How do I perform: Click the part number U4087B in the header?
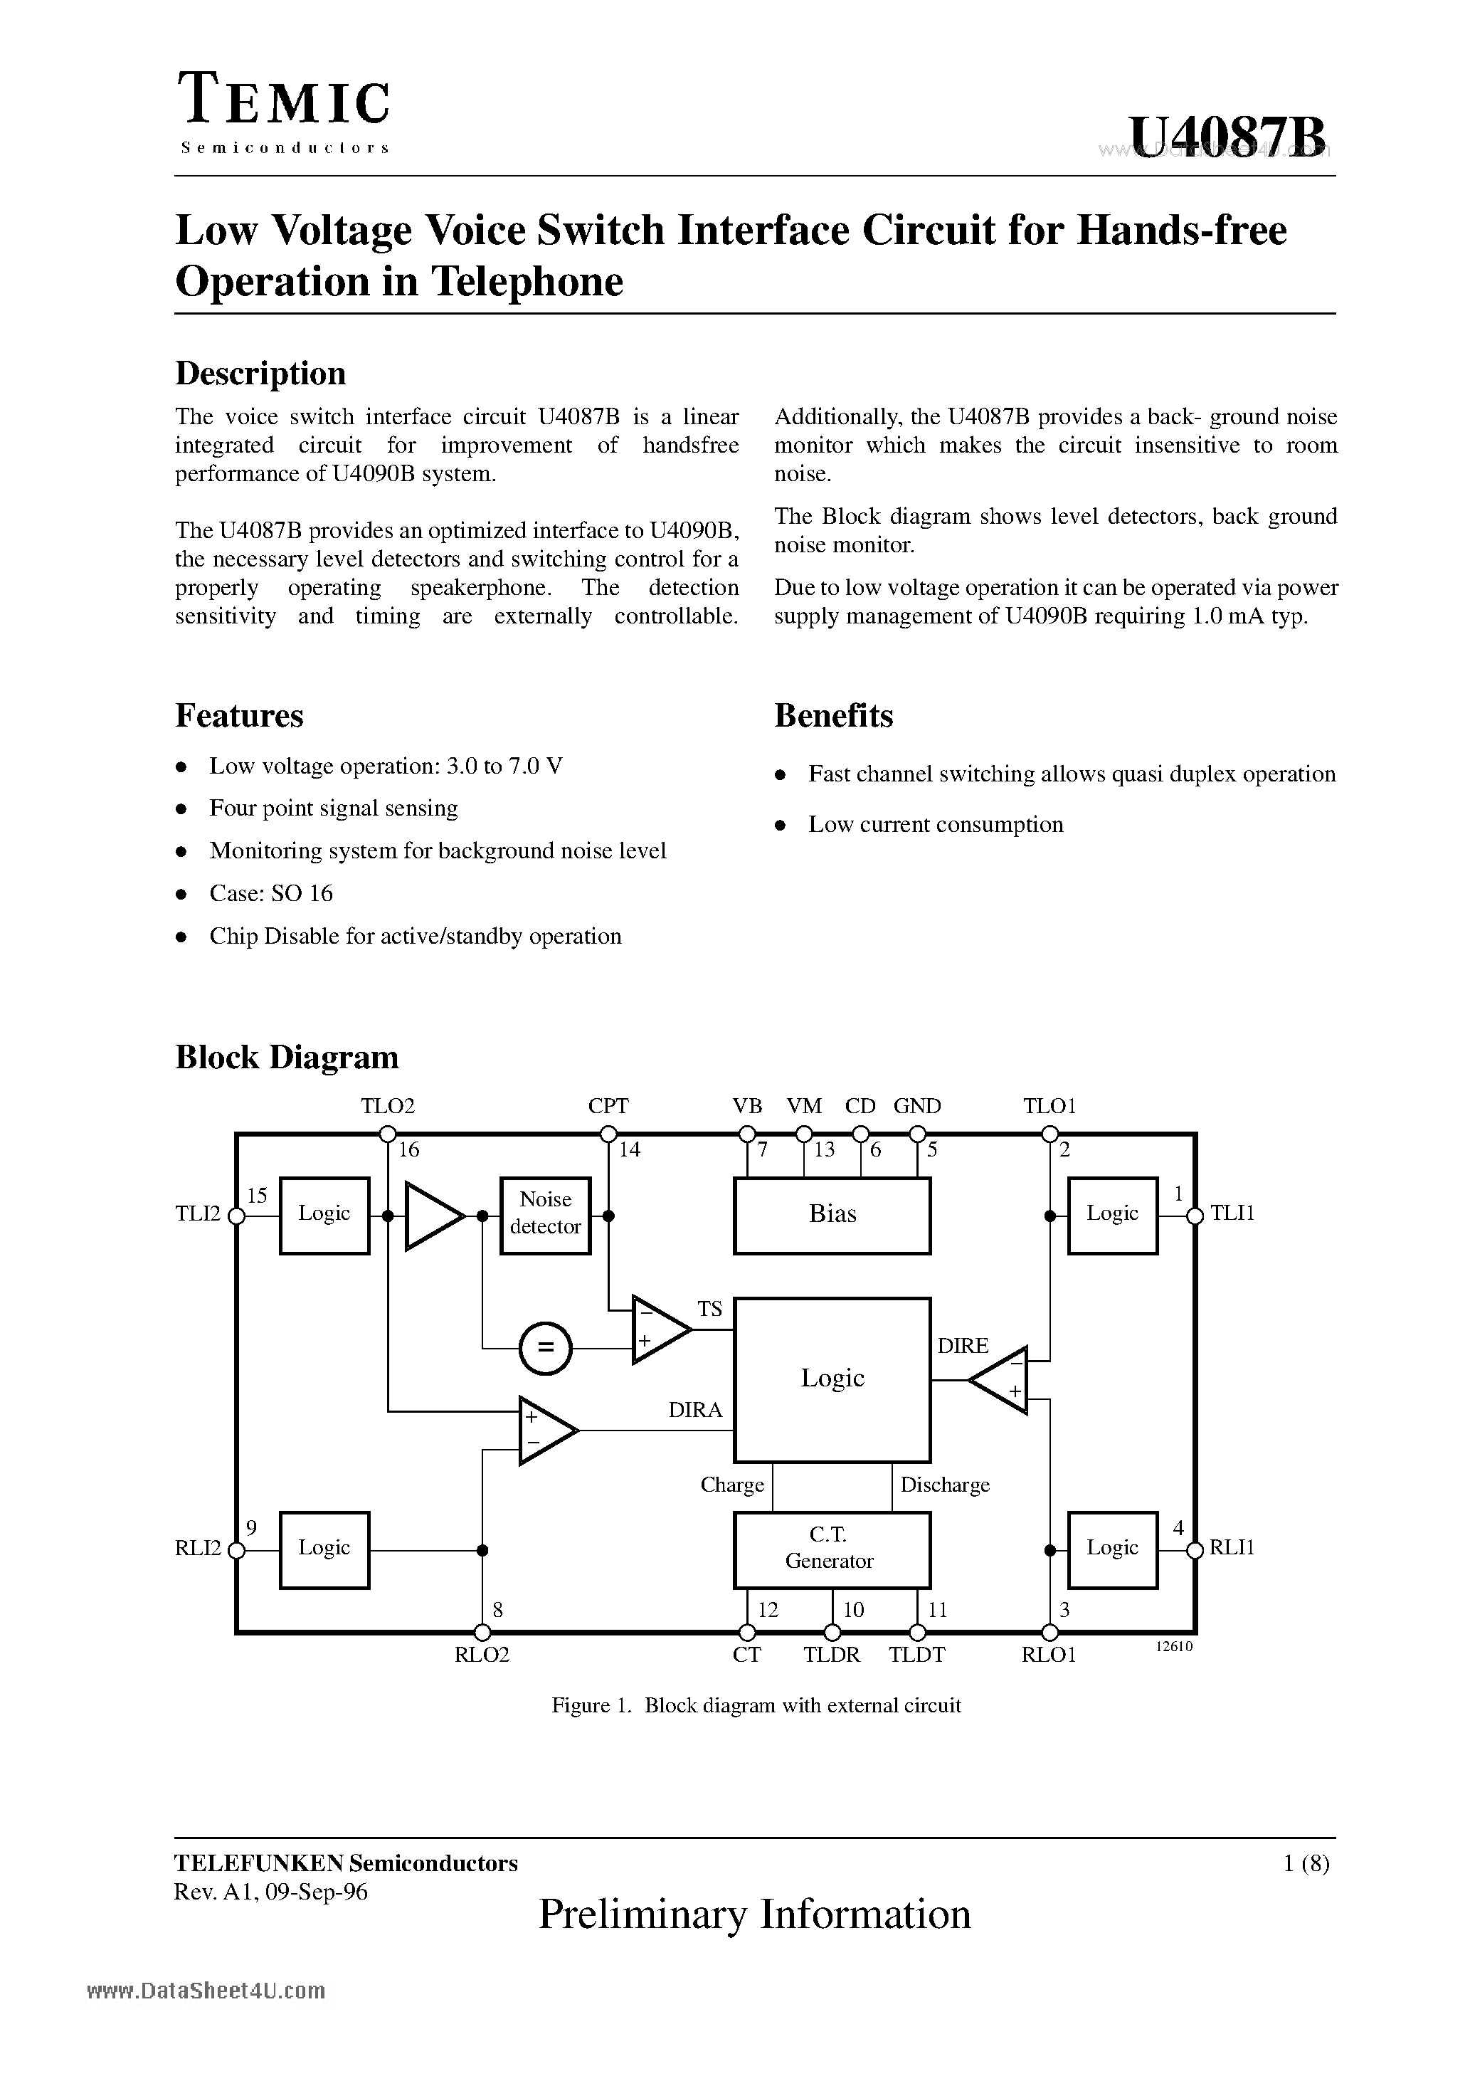(1228, 138)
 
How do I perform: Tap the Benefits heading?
(833, 716)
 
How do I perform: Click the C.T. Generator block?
(831, 1548)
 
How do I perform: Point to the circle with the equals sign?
(546, 1349)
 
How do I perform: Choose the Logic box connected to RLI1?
(1112, 1548)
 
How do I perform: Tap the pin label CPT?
(608, 1106)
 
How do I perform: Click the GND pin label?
(917, 1106)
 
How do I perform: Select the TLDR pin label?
(831, 1655)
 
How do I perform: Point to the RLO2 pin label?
(482, 1655)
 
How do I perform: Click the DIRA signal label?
(695, 1411)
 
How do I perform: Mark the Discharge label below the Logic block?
(944, 1485)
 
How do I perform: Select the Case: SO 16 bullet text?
(271, 894)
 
